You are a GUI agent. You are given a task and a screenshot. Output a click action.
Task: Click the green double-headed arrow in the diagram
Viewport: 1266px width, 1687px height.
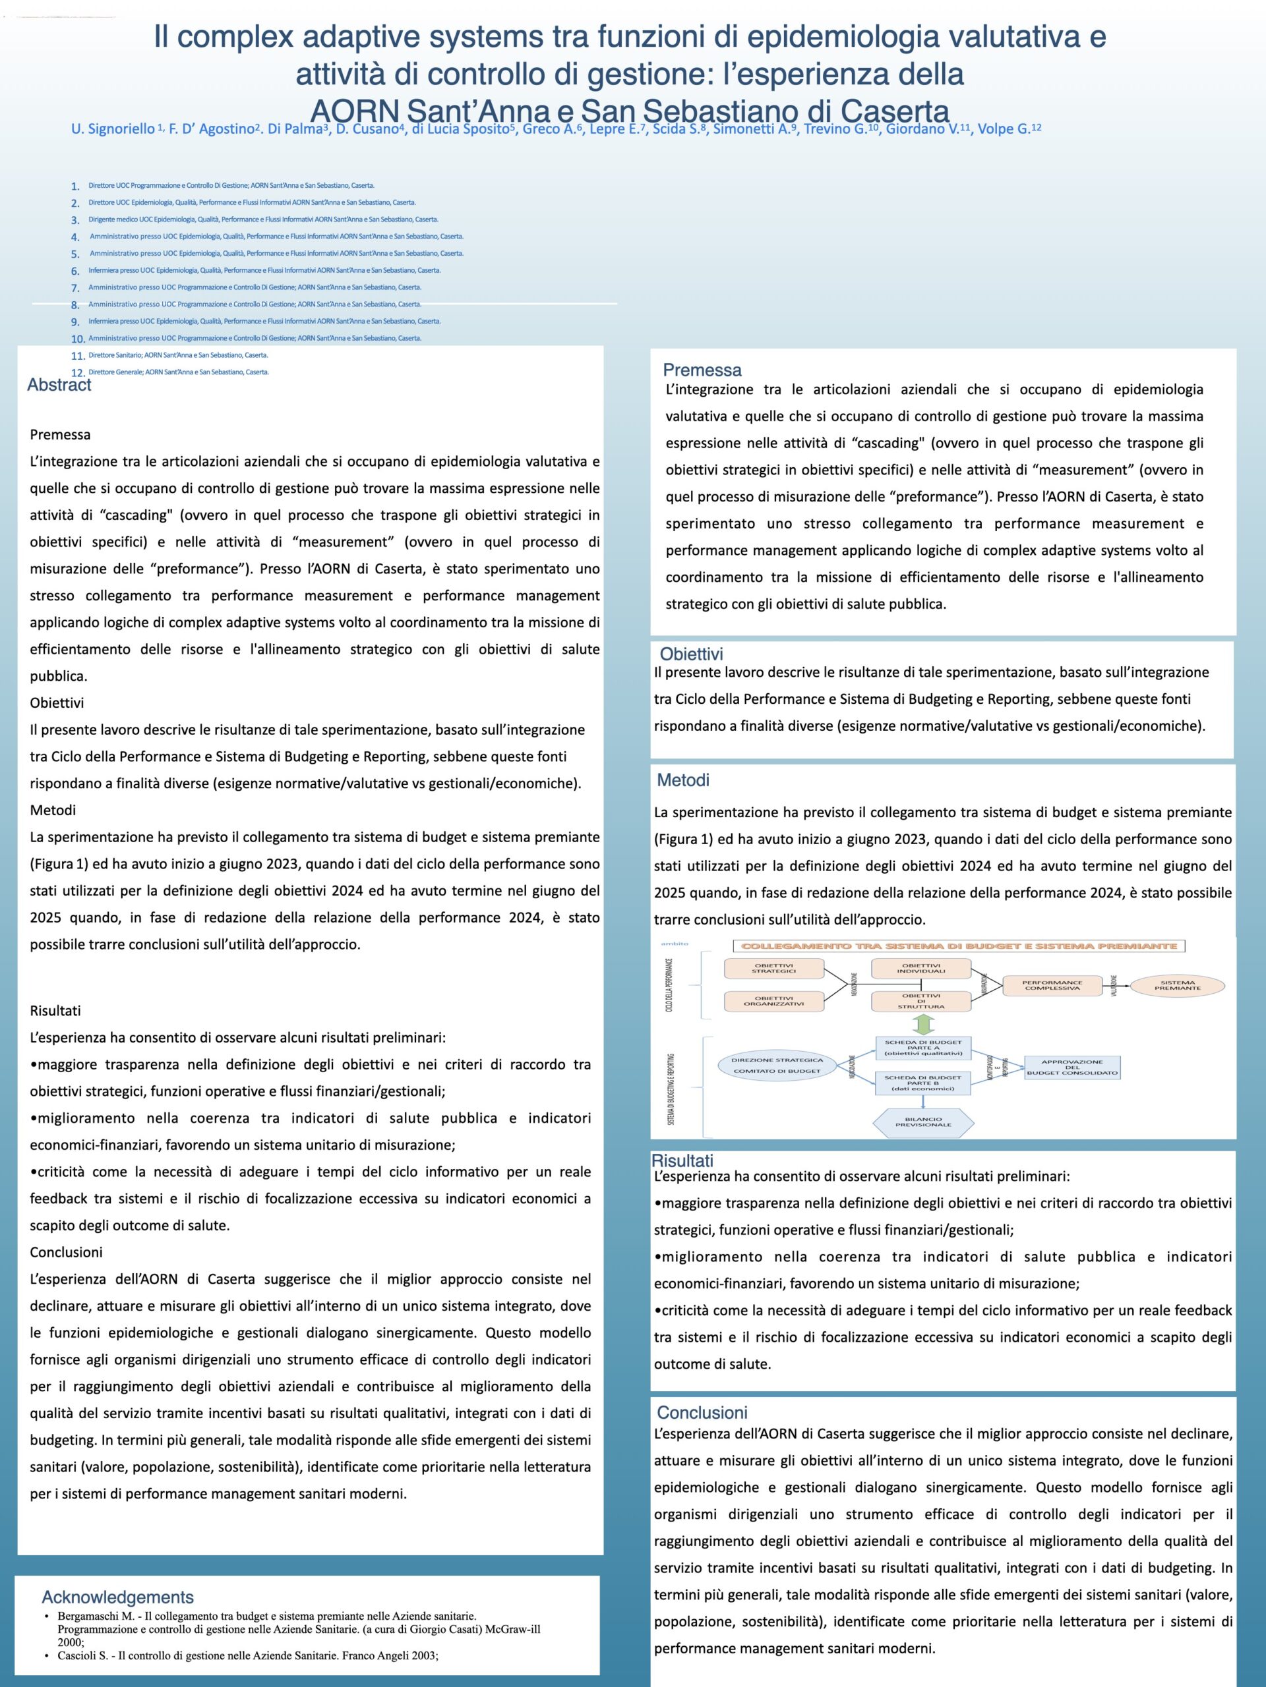(x=922, y=1023)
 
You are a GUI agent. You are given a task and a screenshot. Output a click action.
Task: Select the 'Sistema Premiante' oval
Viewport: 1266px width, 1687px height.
(x=1177, y=985)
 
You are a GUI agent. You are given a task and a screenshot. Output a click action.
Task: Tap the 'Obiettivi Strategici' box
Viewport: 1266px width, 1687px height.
(x=775, y=969)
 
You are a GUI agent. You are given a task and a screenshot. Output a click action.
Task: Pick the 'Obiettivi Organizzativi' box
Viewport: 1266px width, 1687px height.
(x=775, y=1000)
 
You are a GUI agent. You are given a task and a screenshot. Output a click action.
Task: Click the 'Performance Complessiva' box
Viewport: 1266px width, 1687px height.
(x=1052, y=985)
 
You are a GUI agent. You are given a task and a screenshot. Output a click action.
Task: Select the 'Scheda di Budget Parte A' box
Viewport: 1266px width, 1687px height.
(x=923, y=1047)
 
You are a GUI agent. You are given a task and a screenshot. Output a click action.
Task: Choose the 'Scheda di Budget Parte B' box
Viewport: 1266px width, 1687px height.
(x=923, y=1083)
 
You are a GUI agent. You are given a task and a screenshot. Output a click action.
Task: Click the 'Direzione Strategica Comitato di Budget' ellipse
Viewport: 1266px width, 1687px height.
(x=777, y=1066)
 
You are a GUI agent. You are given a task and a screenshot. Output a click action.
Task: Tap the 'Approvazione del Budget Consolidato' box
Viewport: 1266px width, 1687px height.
(x=1071, y=1067)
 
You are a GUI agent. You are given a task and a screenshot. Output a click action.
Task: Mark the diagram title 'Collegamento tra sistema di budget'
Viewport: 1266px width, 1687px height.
(x=959, y=946)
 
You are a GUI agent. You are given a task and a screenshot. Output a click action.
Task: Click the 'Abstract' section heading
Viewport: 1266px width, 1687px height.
(x=59, y=385)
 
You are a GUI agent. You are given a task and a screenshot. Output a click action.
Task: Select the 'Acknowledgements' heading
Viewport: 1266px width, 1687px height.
(x=117, y=1597)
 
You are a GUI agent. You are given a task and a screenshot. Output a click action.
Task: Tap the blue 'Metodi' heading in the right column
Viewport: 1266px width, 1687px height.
(x=683, y=780)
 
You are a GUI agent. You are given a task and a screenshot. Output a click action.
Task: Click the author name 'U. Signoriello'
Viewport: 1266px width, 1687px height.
(x=113, y=129)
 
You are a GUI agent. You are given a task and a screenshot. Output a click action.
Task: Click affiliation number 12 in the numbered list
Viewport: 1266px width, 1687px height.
(x=78, y=373)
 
